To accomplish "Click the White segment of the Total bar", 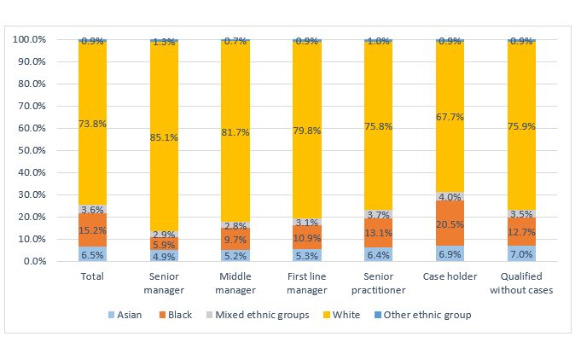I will pos(92,124).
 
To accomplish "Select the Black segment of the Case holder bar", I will pos(450,223).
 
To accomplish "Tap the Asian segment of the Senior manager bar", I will pos(164,256).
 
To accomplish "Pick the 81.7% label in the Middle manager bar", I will pos(235,132).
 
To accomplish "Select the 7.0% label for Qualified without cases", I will pos(521,254).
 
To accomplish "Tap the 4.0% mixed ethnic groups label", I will pos(450,197).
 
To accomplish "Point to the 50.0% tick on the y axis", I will pos(32,150).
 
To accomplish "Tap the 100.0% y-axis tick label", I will pos(30,39).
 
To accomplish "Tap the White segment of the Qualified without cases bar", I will pos(521,124).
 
